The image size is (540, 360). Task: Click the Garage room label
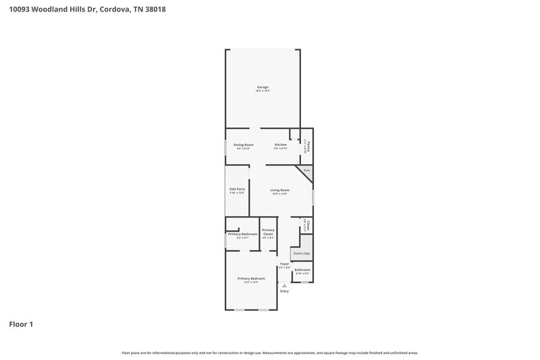263,87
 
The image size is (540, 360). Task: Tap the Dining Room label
244,145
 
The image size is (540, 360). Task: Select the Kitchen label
281,145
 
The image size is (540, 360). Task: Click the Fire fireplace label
306,171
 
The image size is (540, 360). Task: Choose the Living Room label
280,190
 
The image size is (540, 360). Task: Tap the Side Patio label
236,190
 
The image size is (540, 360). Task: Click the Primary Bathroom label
242,234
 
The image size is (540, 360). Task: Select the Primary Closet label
268,232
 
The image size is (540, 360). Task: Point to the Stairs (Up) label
301,253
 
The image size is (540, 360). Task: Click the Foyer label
284,263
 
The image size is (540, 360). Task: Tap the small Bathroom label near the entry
302,269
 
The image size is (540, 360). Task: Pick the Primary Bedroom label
251,278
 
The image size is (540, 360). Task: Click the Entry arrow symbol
284,286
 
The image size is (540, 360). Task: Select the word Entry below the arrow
284,291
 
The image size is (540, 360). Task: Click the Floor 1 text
21,324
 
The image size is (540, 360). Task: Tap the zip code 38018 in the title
154,9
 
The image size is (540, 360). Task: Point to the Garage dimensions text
263,91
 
